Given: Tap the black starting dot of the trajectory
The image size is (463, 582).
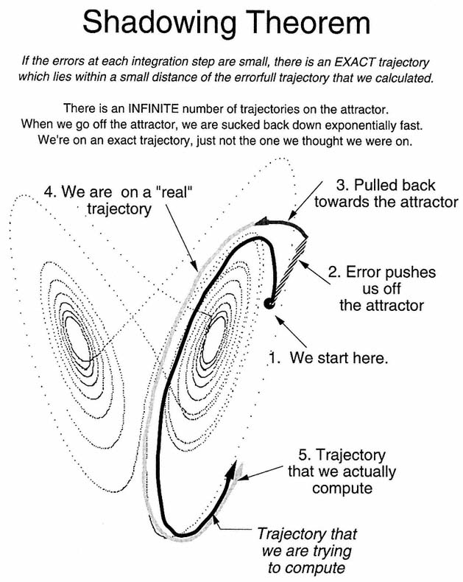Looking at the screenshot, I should click(x=269, y=303).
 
